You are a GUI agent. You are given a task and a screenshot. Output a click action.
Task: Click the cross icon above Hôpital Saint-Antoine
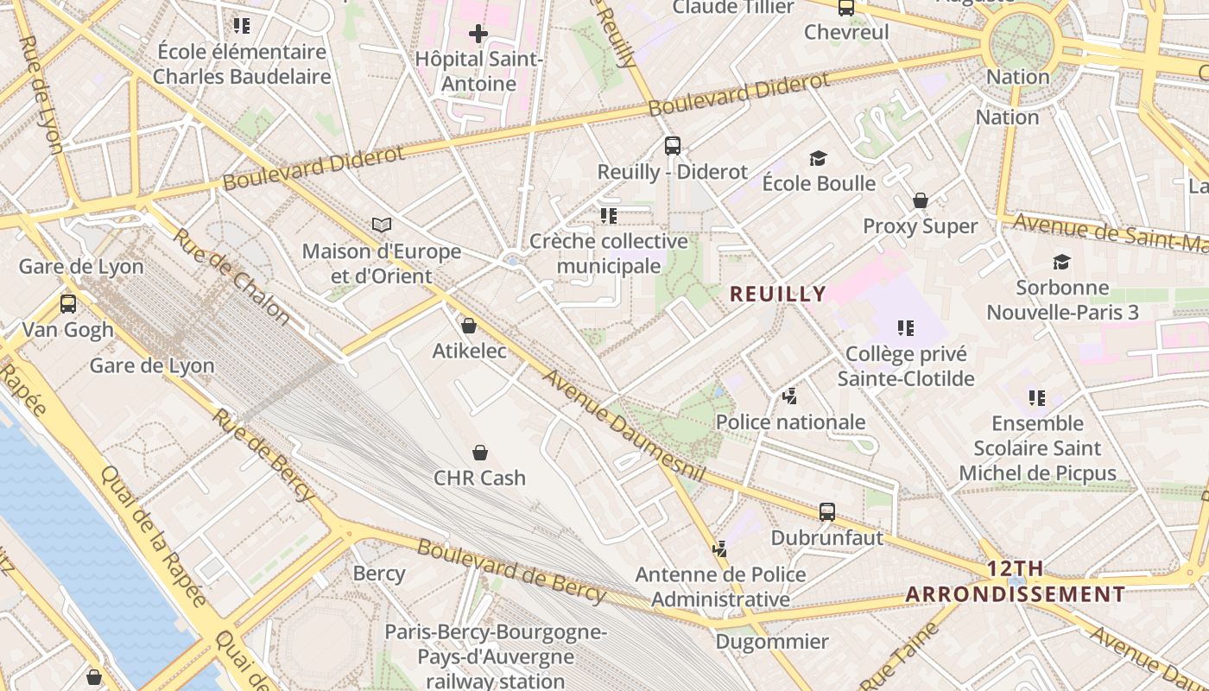(x=478, y=34)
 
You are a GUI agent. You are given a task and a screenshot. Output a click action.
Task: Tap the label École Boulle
(x=819, y=183)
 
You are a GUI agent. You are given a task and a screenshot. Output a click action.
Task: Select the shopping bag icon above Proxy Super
(x=921, y=200)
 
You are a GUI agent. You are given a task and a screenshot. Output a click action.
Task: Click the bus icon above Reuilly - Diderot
(x=673, y=146)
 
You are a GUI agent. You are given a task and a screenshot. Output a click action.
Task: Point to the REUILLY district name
(x=778, y=294)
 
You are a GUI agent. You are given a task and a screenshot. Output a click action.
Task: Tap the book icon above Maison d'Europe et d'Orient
(x=382, y=225)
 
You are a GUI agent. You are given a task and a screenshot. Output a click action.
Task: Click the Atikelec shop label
(x=469, y=352)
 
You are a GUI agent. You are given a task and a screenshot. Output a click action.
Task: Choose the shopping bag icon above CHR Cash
(x=480, y=453)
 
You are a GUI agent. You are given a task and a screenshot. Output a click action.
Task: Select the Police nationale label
(x=790, y=422)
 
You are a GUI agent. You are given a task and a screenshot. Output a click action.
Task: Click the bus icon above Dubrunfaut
(x=827, y=512)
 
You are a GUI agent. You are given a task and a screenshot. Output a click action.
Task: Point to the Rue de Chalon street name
(x=232, y=276)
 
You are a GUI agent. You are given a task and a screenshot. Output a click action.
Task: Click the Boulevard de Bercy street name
(x=511, y=570)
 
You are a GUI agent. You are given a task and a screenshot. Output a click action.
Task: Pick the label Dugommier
(x=772, y=642)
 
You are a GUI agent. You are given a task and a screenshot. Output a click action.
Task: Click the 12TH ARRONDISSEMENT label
(x=1016, y=581)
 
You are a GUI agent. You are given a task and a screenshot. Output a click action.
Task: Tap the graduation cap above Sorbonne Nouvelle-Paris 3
(x=1061, y=262)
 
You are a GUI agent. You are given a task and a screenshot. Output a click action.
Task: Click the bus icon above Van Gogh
(x=68, y=304)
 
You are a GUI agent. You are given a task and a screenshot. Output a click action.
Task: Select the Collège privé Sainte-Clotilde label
(x=906, y=366)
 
